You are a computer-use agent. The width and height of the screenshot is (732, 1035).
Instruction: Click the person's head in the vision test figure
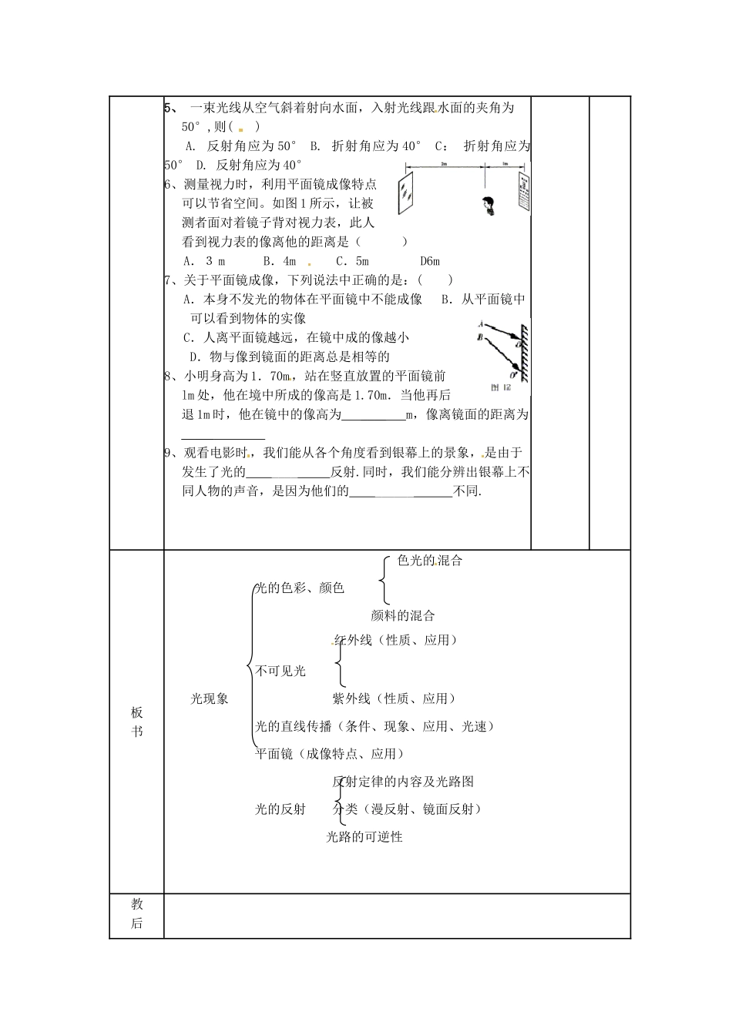point(488,204)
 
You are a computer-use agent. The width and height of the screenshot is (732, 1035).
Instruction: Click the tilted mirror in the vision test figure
point(405,193)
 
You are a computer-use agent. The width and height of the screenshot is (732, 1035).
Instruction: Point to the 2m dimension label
point(444,165)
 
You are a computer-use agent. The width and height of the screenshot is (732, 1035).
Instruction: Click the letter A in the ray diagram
point(480,324)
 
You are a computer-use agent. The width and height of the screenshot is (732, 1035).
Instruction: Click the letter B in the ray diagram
point(480,337)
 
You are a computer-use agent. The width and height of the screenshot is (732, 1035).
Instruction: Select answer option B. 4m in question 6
point(279,261)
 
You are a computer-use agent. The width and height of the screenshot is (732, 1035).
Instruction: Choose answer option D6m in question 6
point(430,261)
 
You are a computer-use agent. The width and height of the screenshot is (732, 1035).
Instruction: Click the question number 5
point(168,108)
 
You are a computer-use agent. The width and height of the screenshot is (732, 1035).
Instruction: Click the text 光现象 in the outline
point(210,699)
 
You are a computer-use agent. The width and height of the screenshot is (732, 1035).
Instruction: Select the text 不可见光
point(280,672)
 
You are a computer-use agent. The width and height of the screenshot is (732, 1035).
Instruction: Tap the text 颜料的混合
point(402,616)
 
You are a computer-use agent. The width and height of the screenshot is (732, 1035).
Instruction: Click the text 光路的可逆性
point(364,837)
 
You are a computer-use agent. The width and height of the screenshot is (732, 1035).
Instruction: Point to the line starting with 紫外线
point(394,699)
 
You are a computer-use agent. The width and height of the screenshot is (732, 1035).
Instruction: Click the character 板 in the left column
point(137,712)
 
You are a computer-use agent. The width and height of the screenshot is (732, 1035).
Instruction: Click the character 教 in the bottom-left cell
point(137,904)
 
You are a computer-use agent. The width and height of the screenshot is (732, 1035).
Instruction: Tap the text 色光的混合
point(430,561)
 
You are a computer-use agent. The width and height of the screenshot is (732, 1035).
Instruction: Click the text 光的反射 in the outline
point(280,809)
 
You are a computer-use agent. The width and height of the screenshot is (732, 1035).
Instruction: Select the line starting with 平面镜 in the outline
point(330,755)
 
